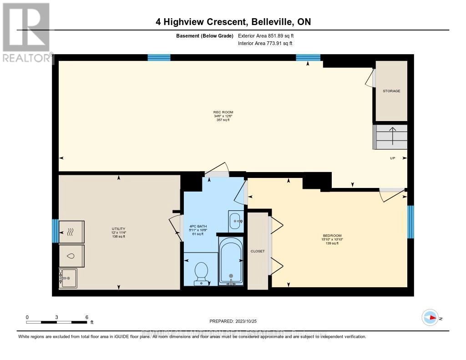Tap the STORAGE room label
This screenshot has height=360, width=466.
(x=391, y=91)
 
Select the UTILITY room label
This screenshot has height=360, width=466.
(x=118, y=229)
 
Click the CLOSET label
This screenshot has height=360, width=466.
(x=258, y=251)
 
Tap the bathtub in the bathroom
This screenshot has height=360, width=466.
(x=231, y=262)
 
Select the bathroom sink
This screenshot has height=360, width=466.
(x=236, y=222)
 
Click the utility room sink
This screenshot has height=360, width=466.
(x=68, y=278)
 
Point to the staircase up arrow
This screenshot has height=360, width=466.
(x=392, y=135)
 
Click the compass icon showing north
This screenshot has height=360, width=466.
(x=430, y=317)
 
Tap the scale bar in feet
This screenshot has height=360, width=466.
(x=57, y=322)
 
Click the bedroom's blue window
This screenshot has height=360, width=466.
(x=410, y=222)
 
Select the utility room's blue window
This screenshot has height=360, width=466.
(x=55, y=231)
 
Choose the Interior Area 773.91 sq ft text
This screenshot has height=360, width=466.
(x=265, y=43)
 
